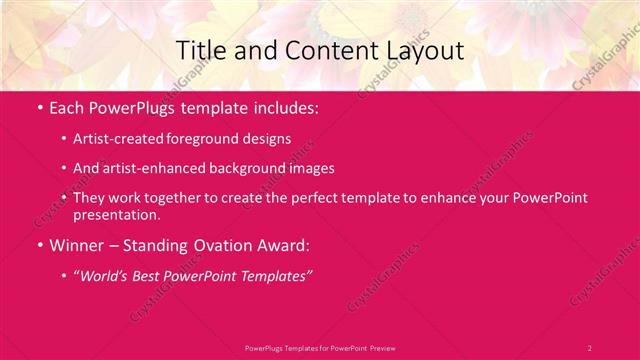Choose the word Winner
click(76, 244)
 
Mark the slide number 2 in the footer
click(589, 347)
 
